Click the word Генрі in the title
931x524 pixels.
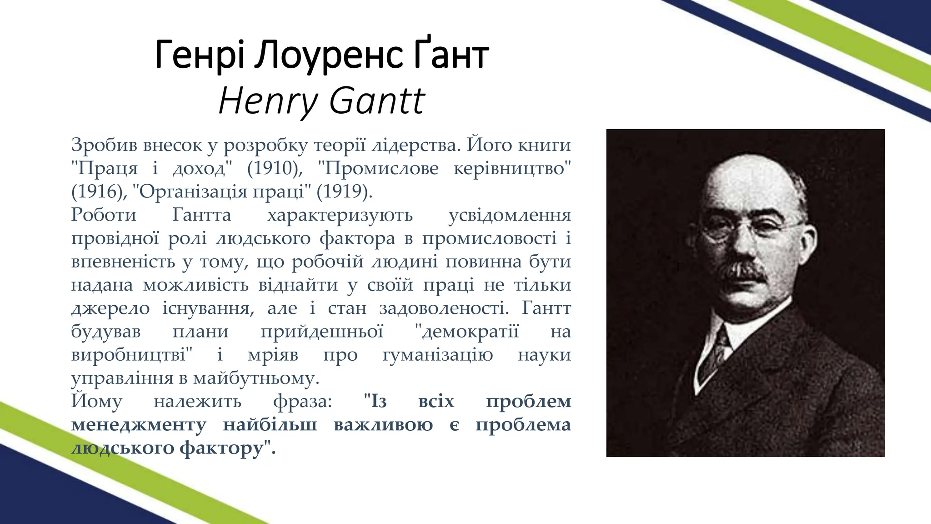200,55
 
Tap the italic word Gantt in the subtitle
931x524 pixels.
377,101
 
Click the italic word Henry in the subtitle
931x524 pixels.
268,101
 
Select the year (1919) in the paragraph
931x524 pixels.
344,191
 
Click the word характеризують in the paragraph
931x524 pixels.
340,215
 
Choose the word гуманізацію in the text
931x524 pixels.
437,355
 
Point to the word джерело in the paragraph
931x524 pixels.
110,308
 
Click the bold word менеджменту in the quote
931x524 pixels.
139,425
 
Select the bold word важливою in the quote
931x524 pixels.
383,425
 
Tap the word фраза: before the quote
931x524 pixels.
303,401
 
